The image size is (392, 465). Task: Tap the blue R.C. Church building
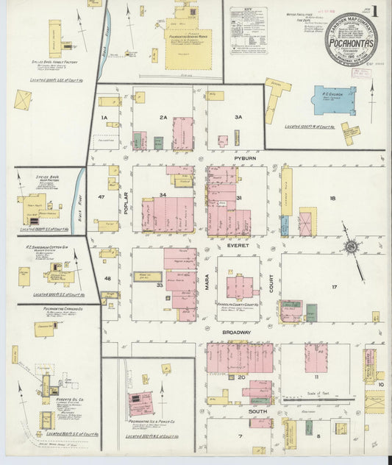pyautogui.click(x=335, y=100)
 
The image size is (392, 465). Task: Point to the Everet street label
pyautogui.click(x=238, y=245)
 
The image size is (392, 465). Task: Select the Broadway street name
pyautogui.click(x=238, y=332)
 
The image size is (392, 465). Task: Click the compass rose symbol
pyautogui.click(x=352, y=249)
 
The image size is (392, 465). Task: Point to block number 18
pyautogui.click(x=332, y=199)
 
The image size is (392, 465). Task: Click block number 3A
pyautogui.click(x=238, y=117)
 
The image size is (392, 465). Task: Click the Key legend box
pyautogui.click(x=248, y=29)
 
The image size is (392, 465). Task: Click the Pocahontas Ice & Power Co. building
pyautogui.click(x=140, y=403)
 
